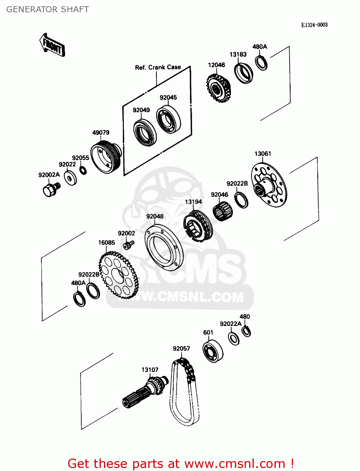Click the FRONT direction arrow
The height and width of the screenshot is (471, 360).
52,46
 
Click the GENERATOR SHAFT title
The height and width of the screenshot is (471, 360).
47,9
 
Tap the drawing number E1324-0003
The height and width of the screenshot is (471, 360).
314,25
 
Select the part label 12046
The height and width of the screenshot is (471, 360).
216,65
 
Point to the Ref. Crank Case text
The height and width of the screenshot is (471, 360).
158,67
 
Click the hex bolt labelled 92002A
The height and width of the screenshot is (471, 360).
50,189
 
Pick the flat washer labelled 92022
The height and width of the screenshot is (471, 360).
70,178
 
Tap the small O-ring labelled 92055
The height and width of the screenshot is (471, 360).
83,171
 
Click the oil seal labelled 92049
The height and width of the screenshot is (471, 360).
145,132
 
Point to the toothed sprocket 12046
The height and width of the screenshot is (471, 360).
218,88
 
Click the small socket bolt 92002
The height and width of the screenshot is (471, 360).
128,244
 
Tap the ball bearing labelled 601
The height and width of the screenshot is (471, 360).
213,351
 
